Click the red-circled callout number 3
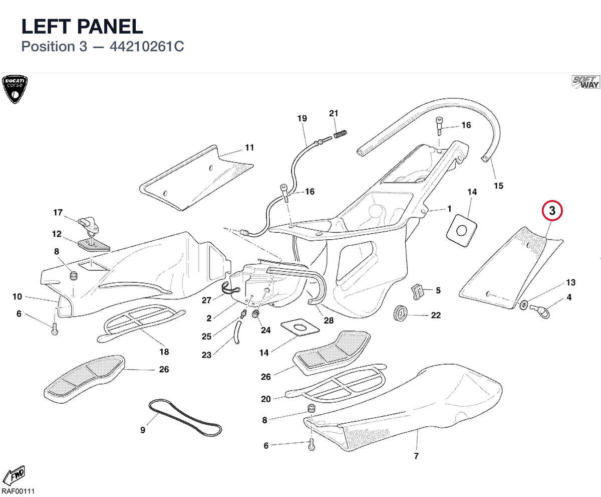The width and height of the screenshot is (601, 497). coord(552,211)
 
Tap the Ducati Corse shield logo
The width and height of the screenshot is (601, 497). coord(15,89)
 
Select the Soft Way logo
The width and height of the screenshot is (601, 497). coord(585,82)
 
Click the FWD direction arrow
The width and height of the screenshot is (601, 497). coord(14,475)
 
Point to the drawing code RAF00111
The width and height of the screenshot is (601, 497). coord(18,491)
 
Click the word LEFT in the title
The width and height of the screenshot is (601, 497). coord(47,26)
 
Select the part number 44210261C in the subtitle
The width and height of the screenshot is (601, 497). coord(147,47)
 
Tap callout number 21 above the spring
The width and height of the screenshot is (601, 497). coord(334,113)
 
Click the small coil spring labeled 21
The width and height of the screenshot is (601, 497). coord(341,134)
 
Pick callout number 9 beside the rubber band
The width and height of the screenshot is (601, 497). coord(143,430)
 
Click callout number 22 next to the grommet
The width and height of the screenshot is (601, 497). coord(436,315)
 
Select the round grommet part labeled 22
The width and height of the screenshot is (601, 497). coord(401,312)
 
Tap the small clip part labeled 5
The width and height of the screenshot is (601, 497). coord(418,292)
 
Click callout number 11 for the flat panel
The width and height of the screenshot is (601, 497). coord(249,147)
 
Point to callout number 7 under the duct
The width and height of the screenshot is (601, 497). coord(416,456)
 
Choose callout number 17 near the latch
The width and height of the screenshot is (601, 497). coord(58,213)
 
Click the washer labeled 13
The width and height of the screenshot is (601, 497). coord(523,305)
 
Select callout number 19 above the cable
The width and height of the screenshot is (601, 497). coord(302,118)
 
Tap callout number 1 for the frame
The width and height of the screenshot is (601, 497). coord(449,209)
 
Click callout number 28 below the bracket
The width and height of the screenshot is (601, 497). coord(329,320)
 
